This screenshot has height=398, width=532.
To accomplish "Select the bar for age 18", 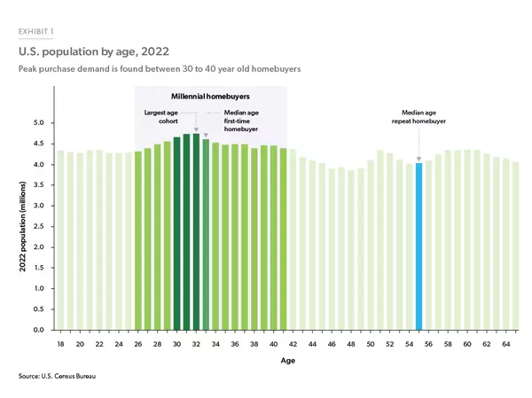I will tap(60, 240).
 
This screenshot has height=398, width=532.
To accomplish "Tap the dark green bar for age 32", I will tap(196, 231).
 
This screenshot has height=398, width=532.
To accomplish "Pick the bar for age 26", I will tap(138, 240).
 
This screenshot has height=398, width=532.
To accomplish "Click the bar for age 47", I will tap(341, 248).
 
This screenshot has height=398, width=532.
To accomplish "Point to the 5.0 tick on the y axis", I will tap(38, 123).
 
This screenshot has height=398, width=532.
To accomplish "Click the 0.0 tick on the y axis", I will tap(38, 330).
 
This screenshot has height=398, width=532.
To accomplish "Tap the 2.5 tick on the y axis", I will tap(38, 227).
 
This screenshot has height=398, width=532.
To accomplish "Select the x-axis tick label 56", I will tap(428, 343).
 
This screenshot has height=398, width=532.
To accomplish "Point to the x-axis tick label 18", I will tap(60, 343).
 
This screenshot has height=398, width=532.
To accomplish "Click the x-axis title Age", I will tap(282, 361).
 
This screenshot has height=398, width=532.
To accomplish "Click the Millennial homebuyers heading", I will tap(209, 96).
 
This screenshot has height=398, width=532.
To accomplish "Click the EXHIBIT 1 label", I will tap(35, 32).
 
